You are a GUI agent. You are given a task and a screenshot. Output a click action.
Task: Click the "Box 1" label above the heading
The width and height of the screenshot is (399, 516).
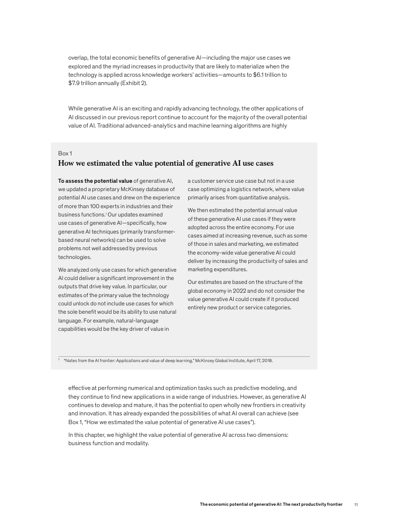click(x=65, y=153)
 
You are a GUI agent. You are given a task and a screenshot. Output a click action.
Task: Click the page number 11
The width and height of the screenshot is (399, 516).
click(x=356, y=504)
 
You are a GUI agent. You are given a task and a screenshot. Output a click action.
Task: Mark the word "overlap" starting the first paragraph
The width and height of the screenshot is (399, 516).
click(x=78, y=58)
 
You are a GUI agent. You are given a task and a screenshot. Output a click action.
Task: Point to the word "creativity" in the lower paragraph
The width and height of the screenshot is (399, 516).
click(x=289, y=405)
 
